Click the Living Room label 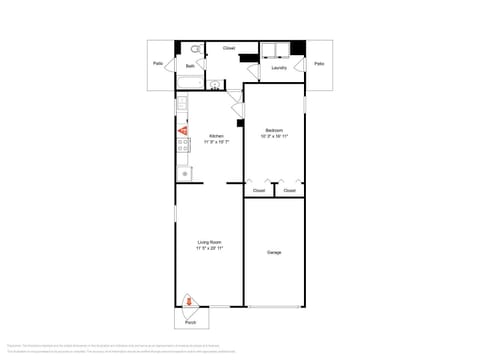tap(209, 242)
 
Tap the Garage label tap(274, 252)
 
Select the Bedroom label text tap(274, 130)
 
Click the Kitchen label tap(215, 136)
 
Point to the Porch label tap(191, 323)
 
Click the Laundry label tap(279, 69)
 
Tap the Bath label tap(190, 66)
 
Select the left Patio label tap(158, 63)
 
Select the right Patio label tap(319, 63)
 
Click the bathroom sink tap(216, 84)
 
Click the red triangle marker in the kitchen tap(182, 130)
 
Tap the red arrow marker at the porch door tap(189, 301)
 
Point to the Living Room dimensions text tap(209, 248)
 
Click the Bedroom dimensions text tap(274, 136)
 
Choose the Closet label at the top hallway tap(229, 48)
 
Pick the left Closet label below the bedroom tap(259, 190)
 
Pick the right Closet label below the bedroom tap(289, 190)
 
